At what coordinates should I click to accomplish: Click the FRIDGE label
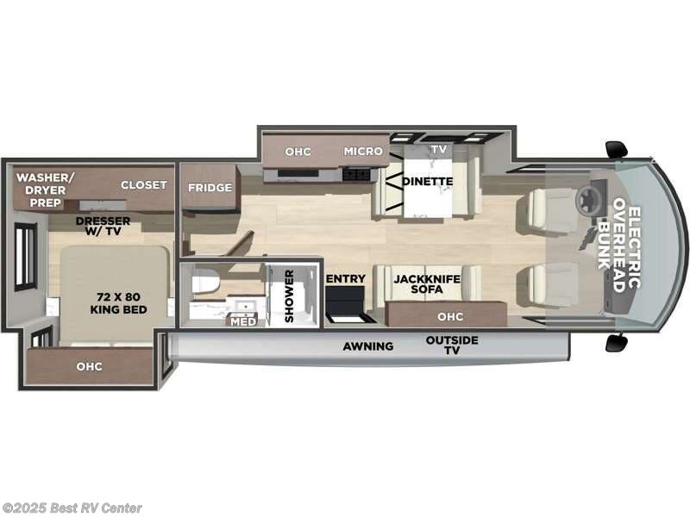(x=210, y=188)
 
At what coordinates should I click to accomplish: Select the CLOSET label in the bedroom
(x=143, y=185)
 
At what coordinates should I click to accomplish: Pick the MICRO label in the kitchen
(x=362, y=151)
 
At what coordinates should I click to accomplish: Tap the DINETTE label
(x=429, y=181)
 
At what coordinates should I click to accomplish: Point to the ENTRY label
(x=346, y=279)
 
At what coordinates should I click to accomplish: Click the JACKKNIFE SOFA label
(x=426, y=285)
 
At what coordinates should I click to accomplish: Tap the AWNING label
(x=368, y=346)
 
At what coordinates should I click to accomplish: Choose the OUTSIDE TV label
(x=451, y=346)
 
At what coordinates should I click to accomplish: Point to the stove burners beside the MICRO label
(x=354, y=173)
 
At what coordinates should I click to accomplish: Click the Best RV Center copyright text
(x=72, y=508)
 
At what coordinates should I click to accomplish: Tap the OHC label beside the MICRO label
(x=298, y=151)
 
